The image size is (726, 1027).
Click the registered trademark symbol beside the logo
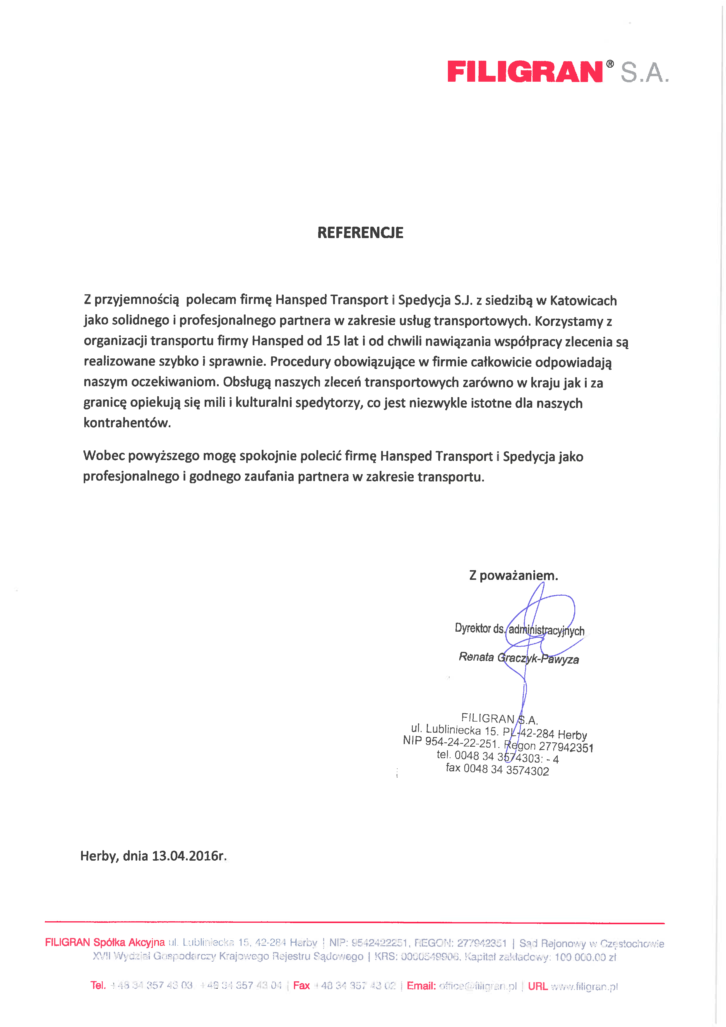click(x=610, y=64)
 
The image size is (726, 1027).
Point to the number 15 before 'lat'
click(x=333, y=341)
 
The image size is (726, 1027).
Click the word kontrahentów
click(x=127, y=423)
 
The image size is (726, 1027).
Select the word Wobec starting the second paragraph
click(x=104, y=456)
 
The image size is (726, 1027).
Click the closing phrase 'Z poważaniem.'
click(x=513, y=575)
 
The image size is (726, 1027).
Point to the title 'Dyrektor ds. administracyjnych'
click(x=519, y=629)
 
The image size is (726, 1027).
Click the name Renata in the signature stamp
click(x=476, y=657)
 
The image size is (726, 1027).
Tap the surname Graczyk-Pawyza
click(x=538, y=658)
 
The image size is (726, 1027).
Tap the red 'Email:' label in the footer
click(x=421, y=986)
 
